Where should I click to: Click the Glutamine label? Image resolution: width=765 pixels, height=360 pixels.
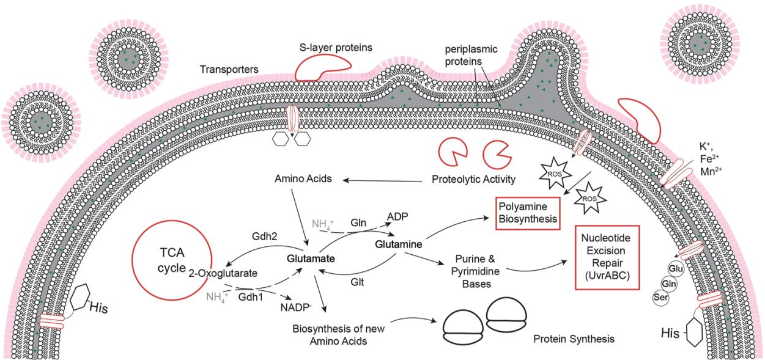coord(399,244)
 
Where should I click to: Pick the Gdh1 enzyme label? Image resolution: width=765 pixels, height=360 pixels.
coord(251,294)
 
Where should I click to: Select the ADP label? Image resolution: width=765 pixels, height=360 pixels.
coord(398,216)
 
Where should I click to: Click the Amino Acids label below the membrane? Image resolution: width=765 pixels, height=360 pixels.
coord(303,180)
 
